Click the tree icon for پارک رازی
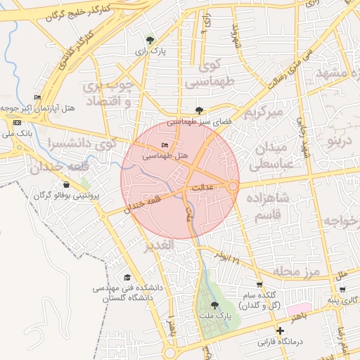(x=149, y=41)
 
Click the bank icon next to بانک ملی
(x=16, y=122)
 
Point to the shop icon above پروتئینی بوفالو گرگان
(x=66, y=184)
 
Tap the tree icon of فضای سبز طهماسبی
(x=200, y=110)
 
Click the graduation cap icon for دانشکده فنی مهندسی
(x=127, y=278)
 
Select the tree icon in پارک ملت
(x=214, y=305)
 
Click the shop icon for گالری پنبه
(x=342, y=289)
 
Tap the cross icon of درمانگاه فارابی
(x=280, y=330)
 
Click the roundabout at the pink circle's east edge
(x=233, y=186)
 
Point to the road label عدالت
(x=202, y=188)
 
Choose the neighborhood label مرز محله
(x=296, y=271)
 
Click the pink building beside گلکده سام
(x=298, y=309)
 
